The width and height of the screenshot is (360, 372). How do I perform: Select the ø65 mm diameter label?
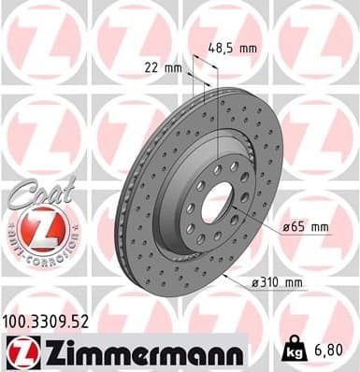click(x=305, y=226)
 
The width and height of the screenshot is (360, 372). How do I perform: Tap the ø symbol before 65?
click(x=285, y=226)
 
